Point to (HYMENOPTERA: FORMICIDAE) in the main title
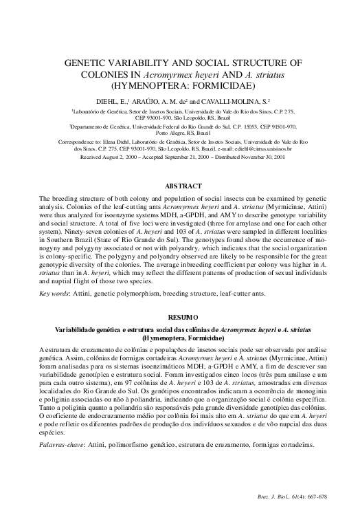[180, 86]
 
